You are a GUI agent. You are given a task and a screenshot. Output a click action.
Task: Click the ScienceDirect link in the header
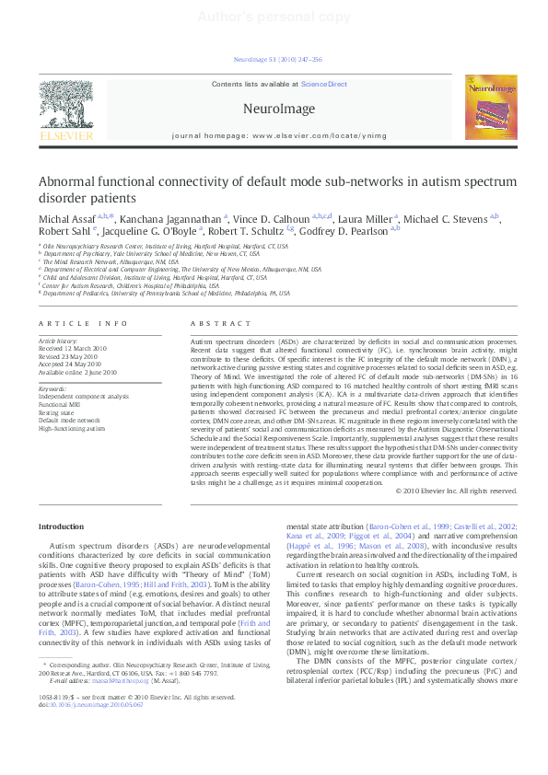click(324, 84)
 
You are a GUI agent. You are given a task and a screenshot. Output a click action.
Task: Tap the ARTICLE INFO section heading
click(84, 323)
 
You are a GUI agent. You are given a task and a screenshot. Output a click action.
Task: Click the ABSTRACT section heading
click(219, 323)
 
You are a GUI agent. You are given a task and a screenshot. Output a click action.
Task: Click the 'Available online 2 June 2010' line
click(77, 372)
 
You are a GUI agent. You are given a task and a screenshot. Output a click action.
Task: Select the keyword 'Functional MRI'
click(59, 404)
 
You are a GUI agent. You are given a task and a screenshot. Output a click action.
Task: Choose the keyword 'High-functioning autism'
click(69, 427)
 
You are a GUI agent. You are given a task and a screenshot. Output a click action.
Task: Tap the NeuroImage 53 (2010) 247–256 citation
click(278, 59)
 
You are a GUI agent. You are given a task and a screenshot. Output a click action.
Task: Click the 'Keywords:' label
click(52, 388)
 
